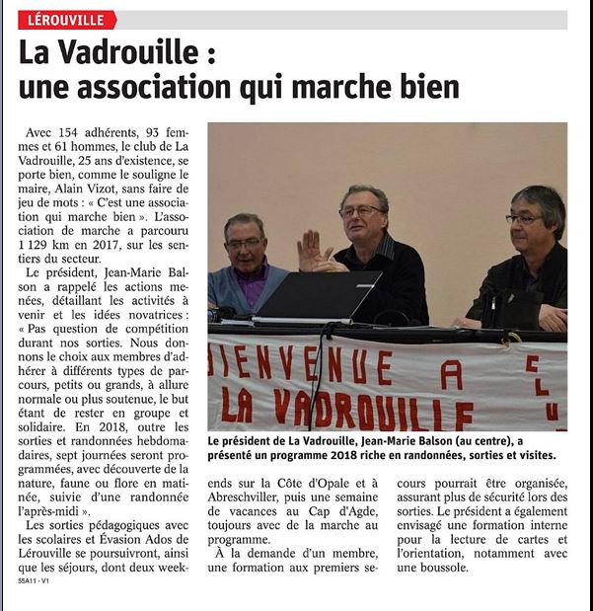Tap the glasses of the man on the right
point(522,218)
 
